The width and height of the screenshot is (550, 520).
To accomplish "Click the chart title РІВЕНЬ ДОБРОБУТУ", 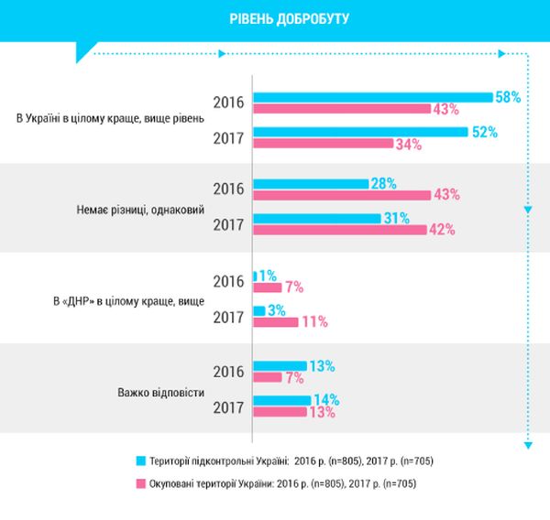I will [274, 18].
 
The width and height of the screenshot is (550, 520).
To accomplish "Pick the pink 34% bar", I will [322, 144].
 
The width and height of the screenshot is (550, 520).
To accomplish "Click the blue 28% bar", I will [310, 184].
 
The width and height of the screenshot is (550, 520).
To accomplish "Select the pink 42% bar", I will [339, 229].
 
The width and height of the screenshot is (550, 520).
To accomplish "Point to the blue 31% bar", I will [316, 218].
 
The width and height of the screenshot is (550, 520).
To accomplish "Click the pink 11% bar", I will [275, 321].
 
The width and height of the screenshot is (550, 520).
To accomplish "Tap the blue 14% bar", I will [281, 400].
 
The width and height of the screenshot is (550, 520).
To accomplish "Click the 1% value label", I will [269, 275].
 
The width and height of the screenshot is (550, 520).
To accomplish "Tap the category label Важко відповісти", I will [160, 392].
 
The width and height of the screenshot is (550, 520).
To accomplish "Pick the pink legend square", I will [141, 482].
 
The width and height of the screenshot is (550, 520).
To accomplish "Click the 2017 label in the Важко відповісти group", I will [227, 407].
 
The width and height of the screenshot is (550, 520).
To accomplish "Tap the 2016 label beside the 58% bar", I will [227, 102].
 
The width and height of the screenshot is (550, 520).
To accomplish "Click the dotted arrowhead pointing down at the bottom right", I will [527, 445].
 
